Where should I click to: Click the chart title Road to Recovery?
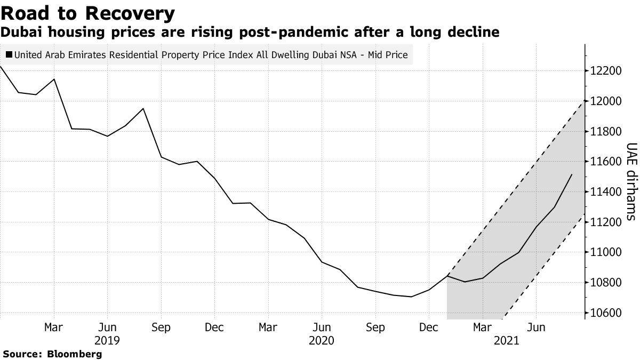87,13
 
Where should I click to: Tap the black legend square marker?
9,54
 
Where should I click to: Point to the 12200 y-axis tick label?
606,71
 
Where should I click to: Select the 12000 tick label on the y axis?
606,101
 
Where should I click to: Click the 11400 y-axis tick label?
606,192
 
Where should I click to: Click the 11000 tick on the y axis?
606,252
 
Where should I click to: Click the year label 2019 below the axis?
107,340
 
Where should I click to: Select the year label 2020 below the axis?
322,340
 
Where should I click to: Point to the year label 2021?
507,340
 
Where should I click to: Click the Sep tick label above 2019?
161,327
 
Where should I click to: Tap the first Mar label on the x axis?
54,327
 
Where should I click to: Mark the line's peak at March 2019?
54,79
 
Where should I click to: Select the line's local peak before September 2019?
143,108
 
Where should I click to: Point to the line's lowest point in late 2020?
411,297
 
